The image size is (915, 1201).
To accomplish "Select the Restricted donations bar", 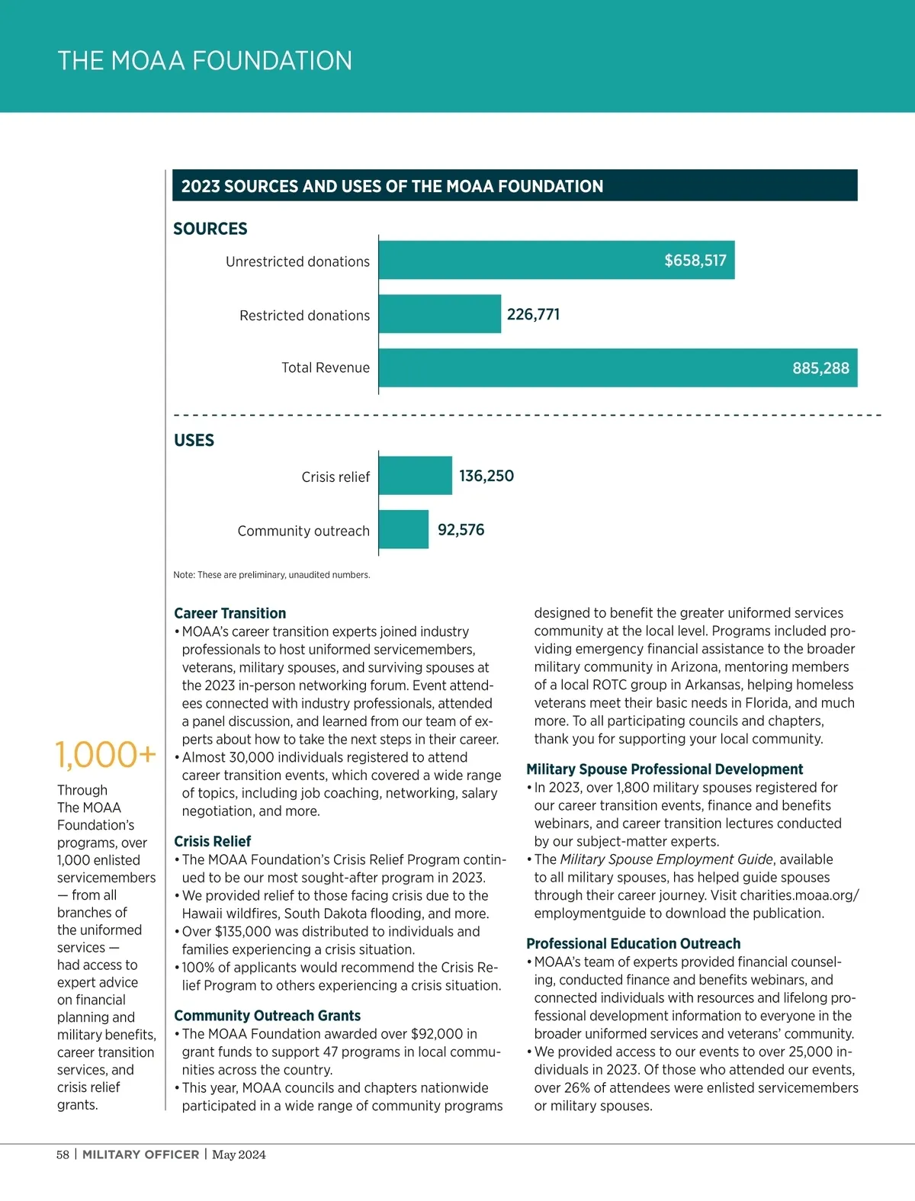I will click(440, 314).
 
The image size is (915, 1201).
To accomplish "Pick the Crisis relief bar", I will click(415, 476).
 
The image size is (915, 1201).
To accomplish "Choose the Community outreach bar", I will click(403, 529).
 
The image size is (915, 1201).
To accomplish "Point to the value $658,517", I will click(695, 261).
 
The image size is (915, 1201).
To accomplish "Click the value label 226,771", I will click(533, 314).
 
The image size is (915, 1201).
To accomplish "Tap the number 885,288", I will click(820, 368).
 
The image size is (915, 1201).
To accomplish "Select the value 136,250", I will click(486, 476).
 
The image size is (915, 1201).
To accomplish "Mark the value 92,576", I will click(461, 530).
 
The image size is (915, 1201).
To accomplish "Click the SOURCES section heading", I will click(210, 229).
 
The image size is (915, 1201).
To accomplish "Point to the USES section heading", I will click(194, 440).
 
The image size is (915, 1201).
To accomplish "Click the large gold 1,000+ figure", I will click(106, 755).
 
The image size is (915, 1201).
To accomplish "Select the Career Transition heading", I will click(230, 613).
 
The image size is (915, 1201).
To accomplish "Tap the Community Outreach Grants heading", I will click(267, 1016).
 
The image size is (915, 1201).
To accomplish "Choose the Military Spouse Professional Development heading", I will click(664, 769).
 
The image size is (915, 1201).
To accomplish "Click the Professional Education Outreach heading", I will click(633, 943).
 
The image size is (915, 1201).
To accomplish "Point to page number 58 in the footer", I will click(63, 1154).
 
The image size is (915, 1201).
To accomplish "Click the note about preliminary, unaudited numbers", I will click(271, 575).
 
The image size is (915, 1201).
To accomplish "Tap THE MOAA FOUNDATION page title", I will click(205, 61).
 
